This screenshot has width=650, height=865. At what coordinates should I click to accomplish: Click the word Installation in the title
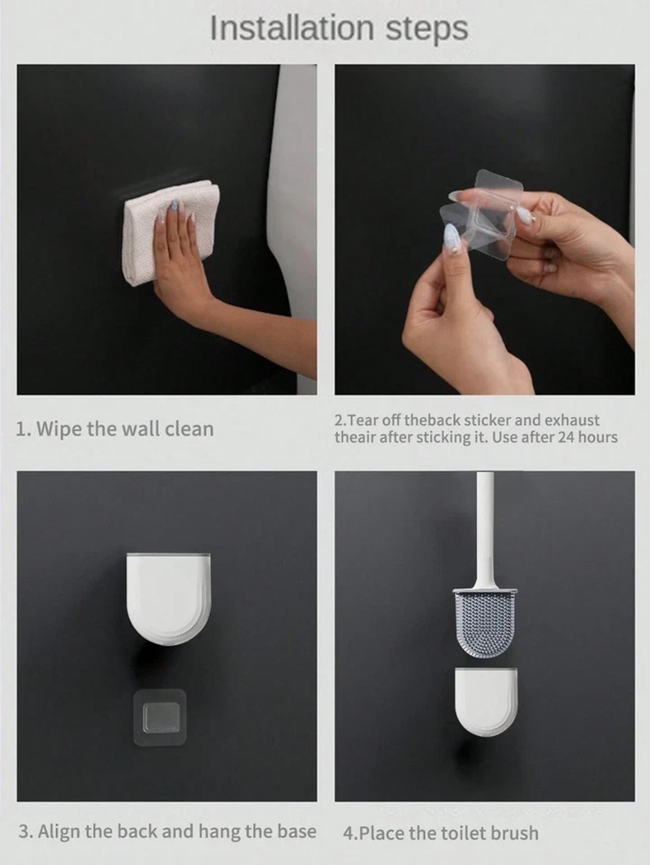pyautogui.click(x=292, y=28)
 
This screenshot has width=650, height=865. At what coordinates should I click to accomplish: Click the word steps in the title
pyautogui.click(x=427, y=31)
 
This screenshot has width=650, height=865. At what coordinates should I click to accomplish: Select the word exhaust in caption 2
pyautogui.click(x=572, y=421)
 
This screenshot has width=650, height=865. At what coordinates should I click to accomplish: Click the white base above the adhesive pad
pyautogui.click(x=168, y=599)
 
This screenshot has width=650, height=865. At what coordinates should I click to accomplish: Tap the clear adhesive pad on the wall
pyautogui.click(x=160, y=716)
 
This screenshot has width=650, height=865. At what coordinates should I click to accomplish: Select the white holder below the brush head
pyautogui.click(x=486, y=702)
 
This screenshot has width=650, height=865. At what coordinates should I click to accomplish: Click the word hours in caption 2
pyautogui.click(x=598, y=438)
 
